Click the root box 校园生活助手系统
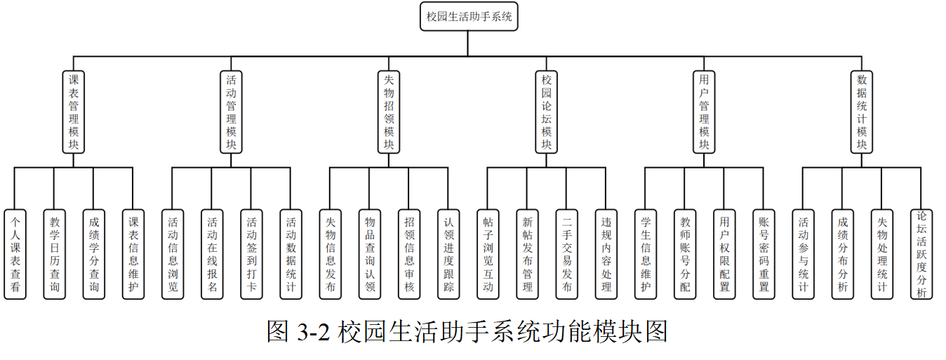pyautogui.click(x=469, y=16)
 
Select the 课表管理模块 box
pyautogui.click(x=74, y=112)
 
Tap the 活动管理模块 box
pyautogui.click(x=231, y=112)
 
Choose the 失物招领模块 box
pyautogui.click(x=389, y=112)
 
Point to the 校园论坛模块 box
pyautogui.click(x=547, y=112)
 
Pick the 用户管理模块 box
pyautogui.click(x=704, y=112)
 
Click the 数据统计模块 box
pyautogui.click(x=862, y=112)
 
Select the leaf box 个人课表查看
pyautogui.click(x=15, y=254)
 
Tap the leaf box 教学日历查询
pyautogui.click(x=55, y=254)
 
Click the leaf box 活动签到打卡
pyautogui.click(x=251, y=254)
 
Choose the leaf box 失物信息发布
pyautogui.click(x=331, y=254)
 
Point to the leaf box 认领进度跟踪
pyautogui.click(x=448, y=254)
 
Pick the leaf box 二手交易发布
pyautogui.click(x=567, y=254)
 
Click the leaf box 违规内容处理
pyautogui.click(x=606, y=254)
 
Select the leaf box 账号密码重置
pyautogui.click(x=764, y=254)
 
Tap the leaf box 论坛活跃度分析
pyautogui.click(x=921, y=254)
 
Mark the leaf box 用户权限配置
pyautogui.click(x=724, y=254)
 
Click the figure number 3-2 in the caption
pyautogui.click(x=313, y=332)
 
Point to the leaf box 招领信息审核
pyautogui.click(x=409, y=254)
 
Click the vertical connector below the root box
pyautogui.click(x=467, y=44)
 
